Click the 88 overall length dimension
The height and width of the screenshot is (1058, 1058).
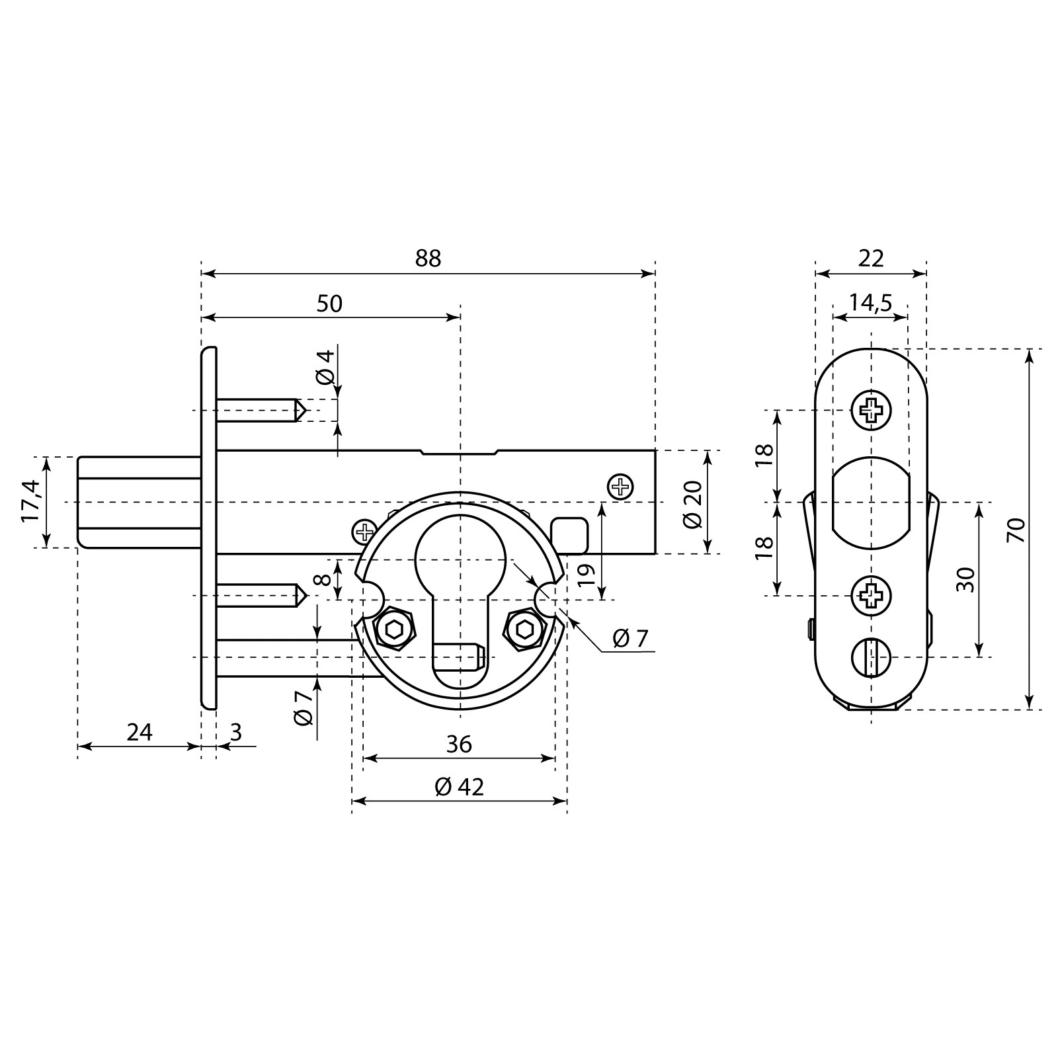click(x=428, y=259)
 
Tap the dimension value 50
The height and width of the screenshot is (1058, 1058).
click(x=329, y=304)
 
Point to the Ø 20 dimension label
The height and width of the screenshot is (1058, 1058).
click(x=692, y=504)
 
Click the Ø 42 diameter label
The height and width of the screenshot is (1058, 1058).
click(x=460, y=787)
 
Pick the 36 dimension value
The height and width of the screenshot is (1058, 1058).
click(x=459, y=745)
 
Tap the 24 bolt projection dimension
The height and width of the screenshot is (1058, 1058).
click(x=140, y=733)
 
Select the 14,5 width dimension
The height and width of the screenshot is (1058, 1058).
click(x=870, y=303)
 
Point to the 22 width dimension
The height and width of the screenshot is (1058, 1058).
click(x=871, y=259)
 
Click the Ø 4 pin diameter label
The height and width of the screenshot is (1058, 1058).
click(x=325, y=368)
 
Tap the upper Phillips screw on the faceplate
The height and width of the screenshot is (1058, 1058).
click(x=871, y=411)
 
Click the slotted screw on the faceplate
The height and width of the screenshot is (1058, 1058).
click(x=871, y=658)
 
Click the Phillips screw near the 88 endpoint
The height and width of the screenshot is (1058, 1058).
click(x=620, y=487)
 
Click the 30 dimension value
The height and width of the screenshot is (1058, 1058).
click(x=967, y=579)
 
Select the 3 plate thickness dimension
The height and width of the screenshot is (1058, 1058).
click(x=236, y=733)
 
